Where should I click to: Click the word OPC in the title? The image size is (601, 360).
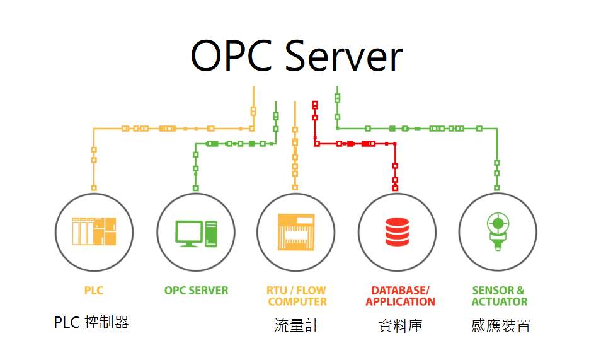(233, 55)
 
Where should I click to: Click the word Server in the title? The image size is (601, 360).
(344, 55)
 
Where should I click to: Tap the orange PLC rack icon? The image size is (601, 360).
(94, 231)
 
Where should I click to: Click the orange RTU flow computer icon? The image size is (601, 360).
(296, 231)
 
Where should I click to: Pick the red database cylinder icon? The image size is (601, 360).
(397, 231)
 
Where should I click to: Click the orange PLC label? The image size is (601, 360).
(94, 291)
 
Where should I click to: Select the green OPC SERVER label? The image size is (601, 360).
(196, 291)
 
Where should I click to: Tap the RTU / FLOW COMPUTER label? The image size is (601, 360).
(297, 296)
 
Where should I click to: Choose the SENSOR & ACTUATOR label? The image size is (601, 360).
(499, 296)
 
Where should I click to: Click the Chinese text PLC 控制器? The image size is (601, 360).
(91, 323)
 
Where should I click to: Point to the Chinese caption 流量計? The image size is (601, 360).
(297, 325)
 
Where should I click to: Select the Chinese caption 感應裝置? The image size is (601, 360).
(501, 325)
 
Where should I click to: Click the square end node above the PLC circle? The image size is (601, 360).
(94, 187)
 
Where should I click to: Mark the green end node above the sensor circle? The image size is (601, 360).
(497, 187)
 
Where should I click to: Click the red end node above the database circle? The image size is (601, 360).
(395, 187)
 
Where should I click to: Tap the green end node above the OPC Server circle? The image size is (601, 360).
(195, 188)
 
